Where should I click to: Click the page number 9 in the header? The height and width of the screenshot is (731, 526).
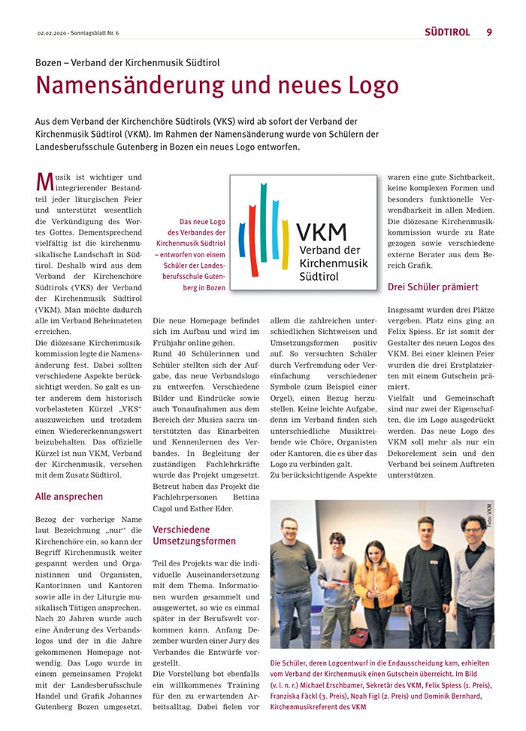[x=489, y=32]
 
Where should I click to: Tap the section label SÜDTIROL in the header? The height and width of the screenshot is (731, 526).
[x=447, y=32]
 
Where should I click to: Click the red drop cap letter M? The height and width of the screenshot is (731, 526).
[x=44, y=182]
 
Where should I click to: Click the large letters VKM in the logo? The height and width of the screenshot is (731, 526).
[x=321, y=231]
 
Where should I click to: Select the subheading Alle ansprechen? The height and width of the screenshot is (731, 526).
[x=69, y=496]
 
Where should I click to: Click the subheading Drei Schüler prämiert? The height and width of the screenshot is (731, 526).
[x=432, y=287]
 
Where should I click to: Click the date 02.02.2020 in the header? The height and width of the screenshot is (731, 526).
[x=53, y=33]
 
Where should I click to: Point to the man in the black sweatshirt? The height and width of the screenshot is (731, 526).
[x=426, y=579]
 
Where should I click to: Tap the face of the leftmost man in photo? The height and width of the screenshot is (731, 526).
[x=290, y=528]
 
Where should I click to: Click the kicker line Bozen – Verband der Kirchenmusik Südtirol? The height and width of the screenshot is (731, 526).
[x=127, y=62]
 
